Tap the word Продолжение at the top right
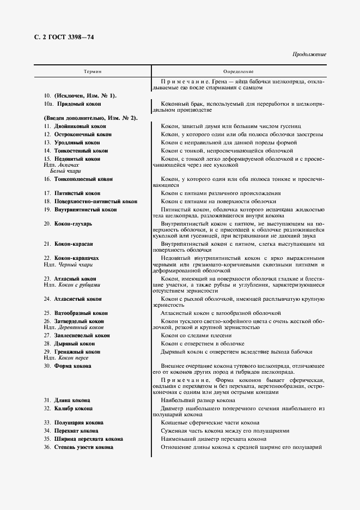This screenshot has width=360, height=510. coord(309,54)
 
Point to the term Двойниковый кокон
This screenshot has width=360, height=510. coord(80,126)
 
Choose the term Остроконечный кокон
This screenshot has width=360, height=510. coord(82,134)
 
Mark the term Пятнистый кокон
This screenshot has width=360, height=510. coord(77,193)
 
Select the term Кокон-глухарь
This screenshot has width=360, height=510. coord(74,223)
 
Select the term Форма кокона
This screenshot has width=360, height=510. coord(72,366)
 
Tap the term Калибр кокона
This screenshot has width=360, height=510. coord(73,408)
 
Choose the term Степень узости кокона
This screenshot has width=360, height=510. coord(83,447)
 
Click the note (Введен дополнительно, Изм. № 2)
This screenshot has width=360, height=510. coord(89,118)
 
